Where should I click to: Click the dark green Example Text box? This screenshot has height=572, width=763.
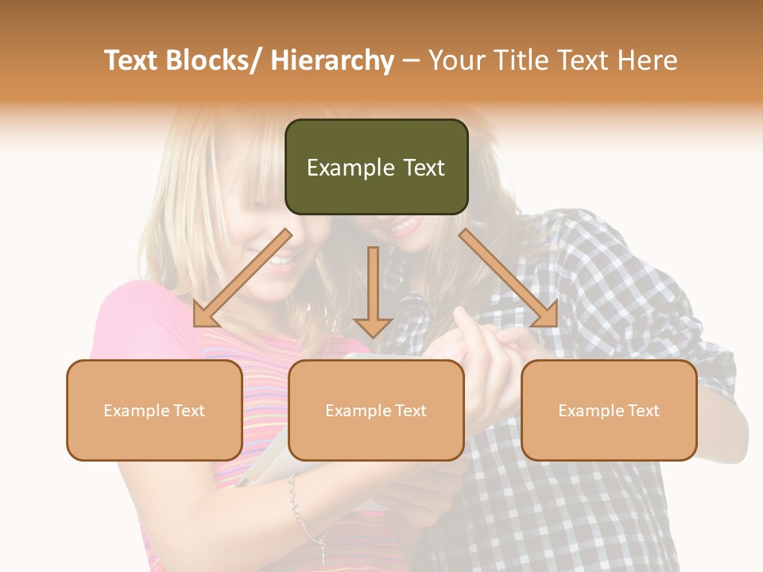pos(376,167)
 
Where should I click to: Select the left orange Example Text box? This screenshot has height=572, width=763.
pos(154,410)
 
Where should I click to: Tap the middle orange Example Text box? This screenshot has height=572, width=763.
pos(376,410)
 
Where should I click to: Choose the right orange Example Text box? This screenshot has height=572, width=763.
pos(609,410)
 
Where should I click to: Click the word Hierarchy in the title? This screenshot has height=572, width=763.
pos(332,60)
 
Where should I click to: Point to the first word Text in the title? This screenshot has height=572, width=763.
pos(131,60)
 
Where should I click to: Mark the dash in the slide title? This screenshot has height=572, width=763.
pos(411,60)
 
